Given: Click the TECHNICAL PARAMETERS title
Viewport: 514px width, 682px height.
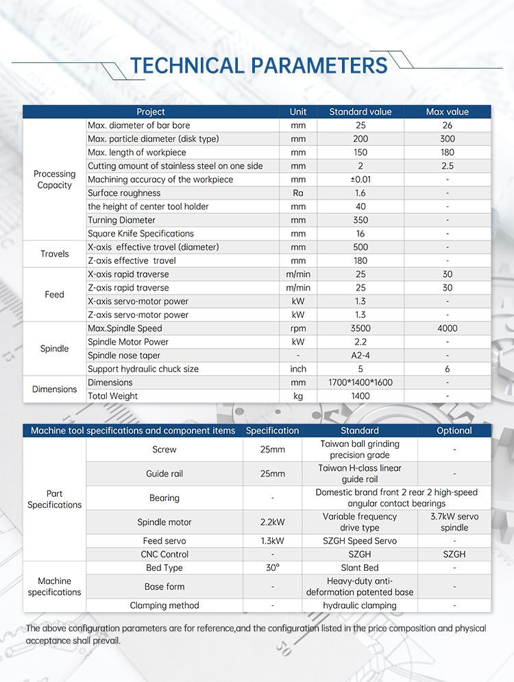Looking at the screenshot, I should coord(258,65).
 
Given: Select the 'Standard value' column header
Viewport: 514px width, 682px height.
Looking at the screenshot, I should coord(360,112).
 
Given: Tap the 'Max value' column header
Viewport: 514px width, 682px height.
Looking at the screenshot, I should coord(447,112).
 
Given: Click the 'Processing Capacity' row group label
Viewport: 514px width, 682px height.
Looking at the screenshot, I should coord(55,180).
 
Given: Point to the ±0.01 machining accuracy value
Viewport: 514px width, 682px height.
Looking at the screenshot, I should coord(360,180).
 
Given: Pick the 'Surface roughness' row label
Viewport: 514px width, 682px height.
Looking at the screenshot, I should coord(124,193).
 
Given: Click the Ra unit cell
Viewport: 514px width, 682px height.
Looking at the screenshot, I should coord(298,193).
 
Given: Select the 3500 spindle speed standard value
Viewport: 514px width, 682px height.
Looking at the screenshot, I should coord(360,328).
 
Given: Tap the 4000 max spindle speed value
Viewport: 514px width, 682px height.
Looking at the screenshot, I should coord(447,328).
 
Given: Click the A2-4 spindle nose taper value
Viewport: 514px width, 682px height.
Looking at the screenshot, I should coord(360,356).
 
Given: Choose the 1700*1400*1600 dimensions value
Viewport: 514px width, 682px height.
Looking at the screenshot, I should coord(360,382).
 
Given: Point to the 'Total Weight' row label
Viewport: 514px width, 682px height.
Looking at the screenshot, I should coord(112,396).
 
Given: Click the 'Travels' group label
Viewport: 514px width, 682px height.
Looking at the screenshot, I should coord(55,254).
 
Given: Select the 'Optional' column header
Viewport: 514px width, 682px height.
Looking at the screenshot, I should coord(454,430).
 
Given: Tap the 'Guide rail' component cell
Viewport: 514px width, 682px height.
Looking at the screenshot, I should coord(164,474).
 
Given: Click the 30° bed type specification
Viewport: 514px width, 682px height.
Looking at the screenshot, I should coord(273,568).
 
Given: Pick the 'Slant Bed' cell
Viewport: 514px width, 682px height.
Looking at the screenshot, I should coord(360,568).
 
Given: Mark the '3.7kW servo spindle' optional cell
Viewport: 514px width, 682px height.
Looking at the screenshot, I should coord(454,522).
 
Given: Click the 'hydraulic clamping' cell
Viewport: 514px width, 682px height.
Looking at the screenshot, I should coord(360,605).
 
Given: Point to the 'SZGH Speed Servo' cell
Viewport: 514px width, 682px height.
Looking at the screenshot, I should coord(360,541).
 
